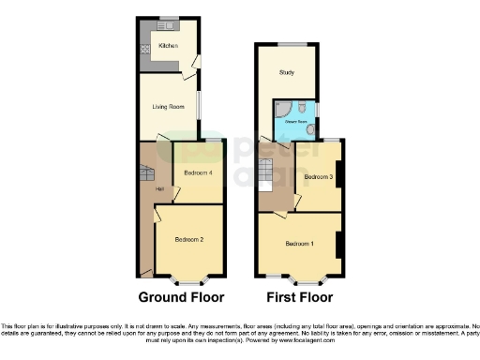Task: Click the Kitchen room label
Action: click(168, 45)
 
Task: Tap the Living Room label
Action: click(167, 106)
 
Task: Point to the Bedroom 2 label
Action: click(189, 240)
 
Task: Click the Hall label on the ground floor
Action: click(147, 190)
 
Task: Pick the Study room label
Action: click(286, 72)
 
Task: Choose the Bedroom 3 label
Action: click(319, 176)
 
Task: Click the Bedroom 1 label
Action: click(299, 244)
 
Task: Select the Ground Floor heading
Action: click(181, 298)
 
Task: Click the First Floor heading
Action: click(300, 298)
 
